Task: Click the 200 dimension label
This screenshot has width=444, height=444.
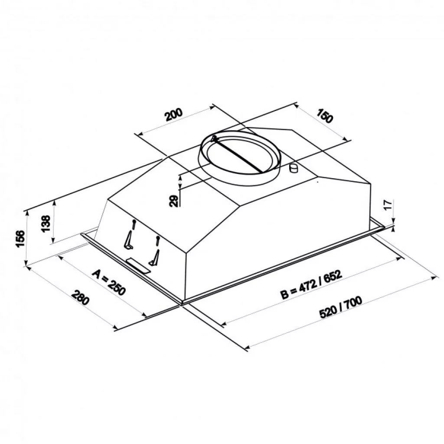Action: [174, 114]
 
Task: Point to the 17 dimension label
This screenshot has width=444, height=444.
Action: [389, 204]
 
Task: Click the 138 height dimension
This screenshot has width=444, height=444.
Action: [46, 224]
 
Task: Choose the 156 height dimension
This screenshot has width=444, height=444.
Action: [20, 239]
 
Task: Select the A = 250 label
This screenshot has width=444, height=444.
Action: [109, 282]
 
